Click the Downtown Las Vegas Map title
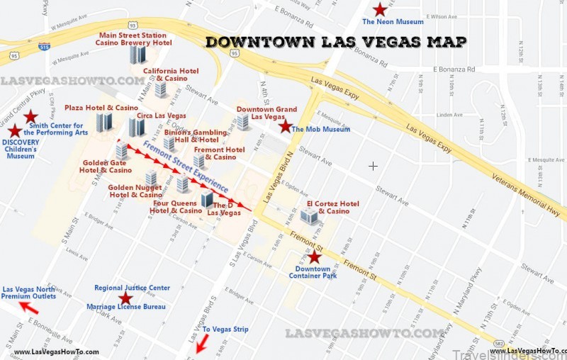click(336, 42)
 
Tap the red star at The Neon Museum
click(381, 9)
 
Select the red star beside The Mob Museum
click(285, 126)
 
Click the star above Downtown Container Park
click(314, 258)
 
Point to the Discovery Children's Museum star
click(15, 130)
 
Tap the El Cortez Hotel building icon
click(309, 216)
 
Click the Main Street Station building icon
click(137, 55)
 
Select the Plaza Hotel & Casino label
click(101, 108)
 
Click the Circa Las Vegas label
click(161, 115)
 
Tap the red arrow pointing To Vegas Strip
click(202, 344)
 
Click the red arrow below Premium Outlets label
click(29, 307)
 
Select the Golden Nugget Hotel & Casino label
click(135, 191)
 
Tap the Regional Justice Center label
click(132, 288)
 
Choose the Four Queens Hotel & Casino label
click(176, 206)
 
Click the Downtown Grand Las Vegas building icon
click(243, 122)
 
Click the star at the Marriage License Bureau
click(125, 298)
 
